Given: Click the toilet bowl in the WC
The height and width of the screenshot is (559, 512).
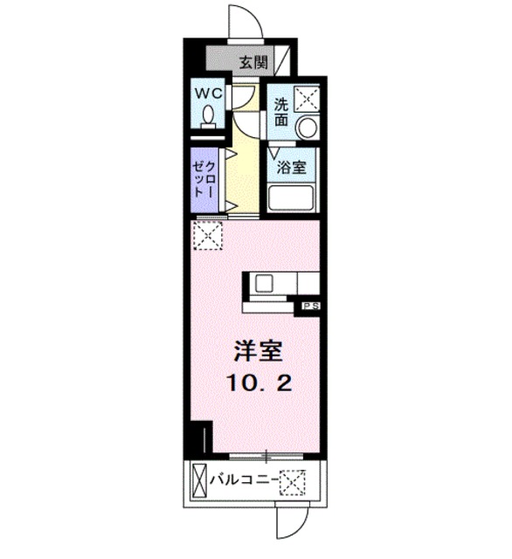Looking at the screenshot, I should click(210, 114).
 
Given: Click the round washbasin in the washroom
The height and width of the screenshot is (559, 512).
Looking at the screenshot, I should click(306, 127).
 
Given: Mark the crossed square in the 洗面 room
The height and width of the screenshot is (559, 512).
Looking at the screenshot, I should click(306, 98).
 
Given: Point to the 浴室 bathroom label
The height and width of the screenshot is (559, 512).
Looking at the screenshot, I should click(292, 167).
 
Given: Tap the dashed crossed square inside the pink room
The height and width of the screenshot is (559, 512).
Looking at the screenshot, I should click(208, 235).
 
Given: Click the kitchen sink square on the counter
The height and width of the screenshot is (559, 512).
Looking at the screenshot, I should click(264, 283).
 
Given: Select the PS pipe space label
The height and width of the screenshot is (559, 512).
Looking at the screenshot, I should click(310, 306).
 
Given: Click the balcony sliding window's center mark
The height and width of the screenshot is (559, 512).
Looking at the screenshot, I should click(264, 453).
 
